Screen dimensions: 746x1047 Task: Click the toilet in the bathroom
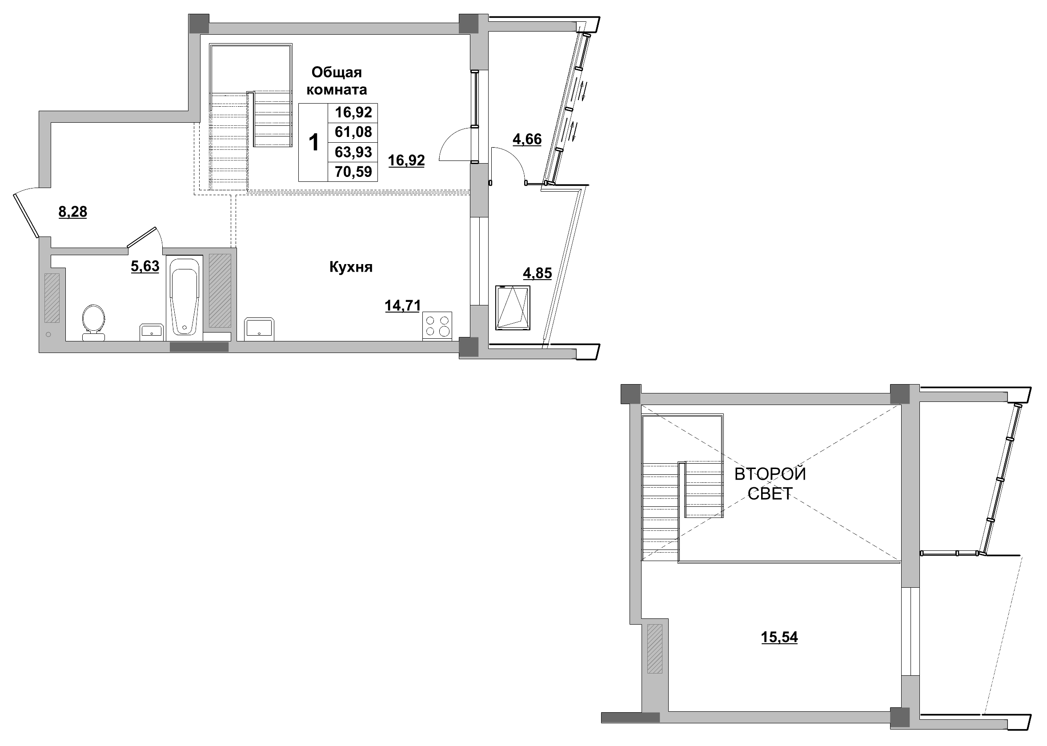pyautogui.click(x=93, y=322)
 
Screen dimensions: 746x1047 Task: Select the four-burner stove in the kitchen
pyautogui.click(x=437, y=326)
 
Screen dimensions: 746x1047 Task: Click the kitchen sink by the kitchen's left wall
pyautogui.click(x=259, y=329)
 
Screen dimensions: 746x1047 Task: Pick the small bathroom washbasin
pyautogui.click(x=151, y=332)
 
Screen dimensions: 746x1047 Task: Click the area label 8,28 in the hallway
pyautogui.click(x=72, y=212)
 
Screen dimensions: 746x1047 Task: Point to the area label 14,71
pyautogui.click(x=402, y=305)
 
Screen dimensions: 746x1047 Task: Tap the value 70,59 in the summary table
pyautogui.click(x=353, y=172)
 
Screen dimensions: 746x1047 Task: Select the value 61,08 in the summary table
pyautogui.click(x=353, y=132)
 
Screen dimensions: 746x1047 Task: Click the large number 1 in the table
pyautogui.click(x=314, y=142)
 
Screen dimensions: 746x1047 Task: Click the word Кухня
pyautogui.click(x=350, y=267)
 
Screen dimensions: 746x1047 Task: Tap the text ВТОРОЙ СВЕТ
pyautogui.click(x=770, y=483)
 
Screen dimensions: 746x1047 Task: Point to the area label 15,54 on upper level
pyautogui.click(x=779, y=637)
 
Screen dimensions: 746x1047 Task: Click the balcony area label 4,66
pyautogui.click(x=527, y=139)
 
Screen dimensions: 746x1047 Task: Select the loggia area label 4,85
pyautogui.click(x=537, y=273)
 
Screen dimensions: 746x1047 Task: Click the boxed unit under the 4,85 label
pyautogui.click(x=513, y=307)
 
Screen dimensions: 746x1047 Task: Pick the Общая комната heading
pyautogui.click(x=336, y=81)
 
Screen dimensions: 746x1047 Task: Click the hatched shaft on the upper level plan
pyautogui.click(x=655, y=649)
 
